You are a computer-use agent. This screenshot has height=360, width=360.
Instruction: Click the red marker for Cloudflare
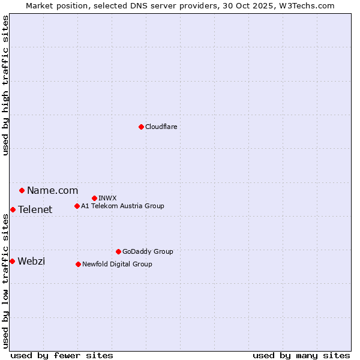click(141, 127)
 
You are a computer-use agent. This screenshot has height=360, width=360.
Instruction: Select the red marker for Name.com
click(22, 190)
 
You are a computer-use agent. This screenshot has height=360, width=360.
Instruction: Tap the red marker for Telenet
click(13, 209)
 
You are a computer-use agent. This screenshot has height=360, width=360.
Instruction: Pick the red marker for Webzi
click(12, 261)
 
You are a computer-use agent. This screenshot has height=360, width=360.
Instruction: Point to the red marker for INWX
click(94, 198)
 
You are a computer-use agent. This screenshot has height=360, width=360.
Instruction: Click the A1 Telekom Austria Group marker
click(77, 206)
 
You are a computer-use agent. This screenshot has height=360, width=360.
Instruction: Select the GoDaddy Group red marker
click(118, 251)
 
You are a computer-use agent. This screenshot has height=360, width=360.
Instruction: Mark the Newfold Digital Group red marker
click(78, 264)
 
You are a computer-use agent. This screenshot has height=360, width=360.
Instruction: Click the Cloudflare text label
click(161, 127)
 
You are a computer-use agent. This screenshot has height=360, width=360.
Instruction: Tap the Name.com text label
click(52, 190)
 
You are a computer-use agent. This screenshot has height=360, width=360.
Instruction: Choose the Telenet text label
click(35, 209)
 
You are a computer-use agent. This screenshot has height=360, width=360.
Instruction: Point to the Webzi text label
click(31, 261)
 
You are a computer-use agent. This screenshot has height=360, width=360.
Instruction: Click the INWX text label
click(107, 198)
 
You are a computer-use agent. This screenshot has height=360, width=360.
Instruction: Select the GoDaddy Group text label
click(148, 251)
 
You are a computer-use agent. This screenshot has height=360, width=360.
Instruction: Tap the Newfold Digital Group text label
click(117, 264)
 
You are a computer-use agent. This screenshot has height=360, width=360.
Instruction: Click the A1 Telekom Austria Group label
click(122, 206)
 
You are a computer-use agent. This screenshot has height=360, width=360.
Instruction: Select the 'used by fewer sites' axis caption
click(62, 355)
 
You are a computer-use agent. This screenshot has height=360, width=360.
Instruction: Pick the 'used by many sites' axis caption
click(301, 355)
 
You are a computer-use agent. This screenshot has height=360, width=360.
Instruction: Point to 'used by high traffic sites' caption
click(5, 85)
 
